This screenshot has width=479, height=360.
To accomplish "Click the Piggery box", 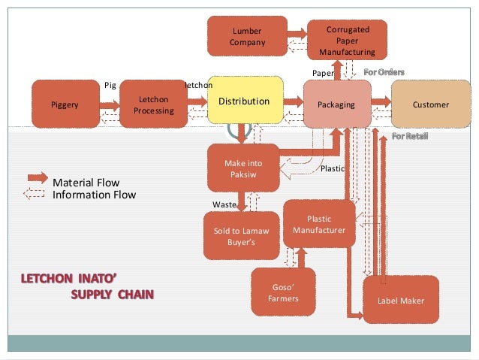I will coord(65,105).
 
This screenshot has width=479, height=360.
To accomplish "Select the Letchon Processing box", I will coord(153,105).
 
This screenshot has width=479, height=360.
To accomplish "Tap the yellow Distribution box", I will coord(243,101).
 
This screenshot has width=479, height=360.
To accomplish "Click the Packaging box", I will coord(336,105).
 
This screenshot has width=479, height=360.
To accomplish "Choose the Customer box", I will coord(430,105).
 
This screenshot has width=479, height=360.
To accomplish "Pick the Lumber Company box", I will coord(248,37).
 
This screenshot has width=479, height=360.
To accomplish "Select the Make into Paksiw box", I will coord(243,168).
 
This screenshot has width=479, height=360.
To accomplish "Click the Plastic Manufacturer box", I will coord(319,224).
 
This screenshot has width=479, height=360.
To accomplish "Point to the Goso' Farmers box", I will coord(283,292).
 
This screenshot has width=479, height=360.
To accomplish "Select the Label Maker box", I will coord(402,301).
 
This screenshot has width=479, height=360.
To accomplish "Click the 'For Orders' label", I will coord(384,72).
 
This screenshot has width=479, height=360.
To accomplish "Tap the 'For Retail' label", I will coord(411,136).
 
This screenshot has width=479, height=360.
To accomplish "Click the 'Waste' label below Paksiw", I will coord(224,204).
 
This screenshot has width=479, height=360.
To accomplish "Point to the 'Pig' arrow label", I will coord(110,85).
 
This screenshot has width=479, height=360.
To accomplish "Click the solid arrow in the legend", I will coord(37,177).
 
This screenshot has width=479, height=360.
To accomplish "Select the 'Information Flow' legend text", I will coord(94,195).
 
